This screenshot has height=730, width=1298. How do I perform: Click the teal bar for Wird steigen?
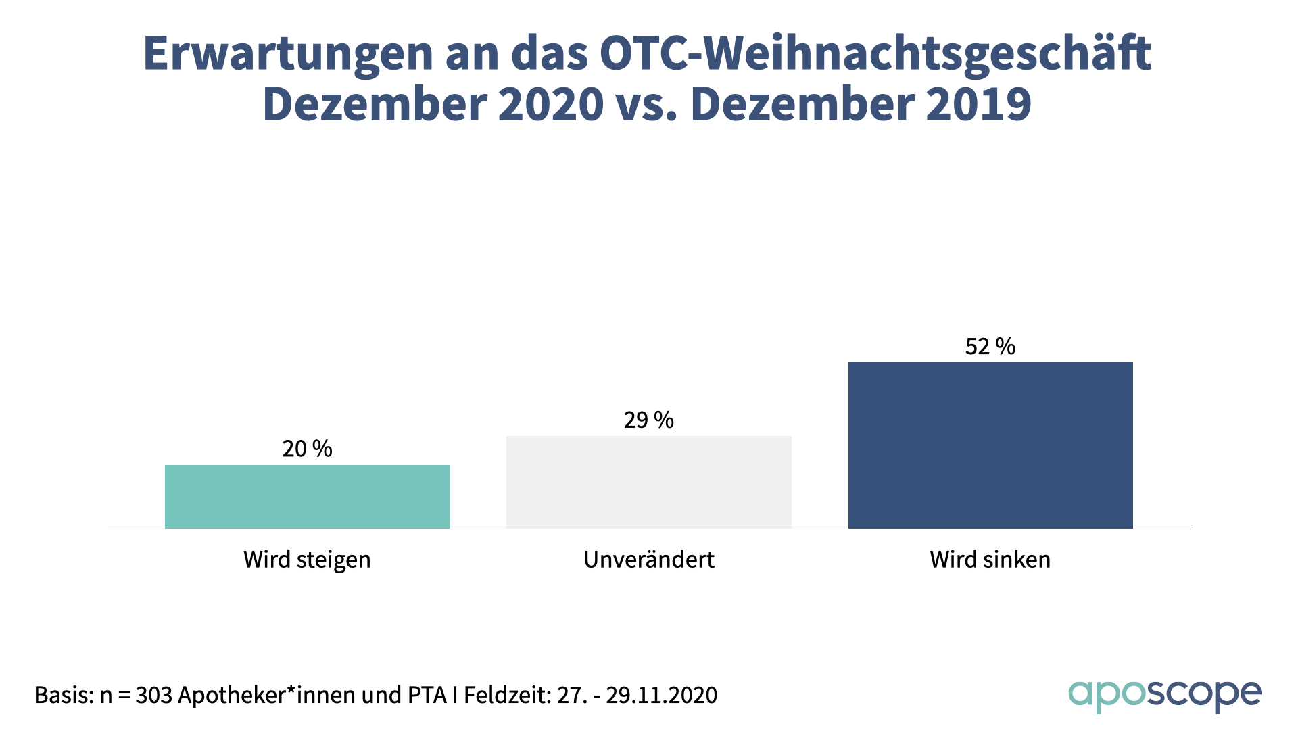(307, 497)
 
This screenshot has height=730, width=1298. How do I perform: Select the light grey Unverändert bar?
(649, 482)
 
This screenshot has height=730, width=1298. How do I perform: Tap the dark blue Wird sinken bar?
(990, 445)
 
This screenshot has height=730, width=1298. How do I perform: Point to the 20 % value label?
(307, 449)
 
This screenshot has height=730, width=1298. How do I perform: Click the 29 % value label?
(649, 420)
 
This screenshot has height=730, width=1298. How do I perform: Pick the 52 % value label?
(990, 347)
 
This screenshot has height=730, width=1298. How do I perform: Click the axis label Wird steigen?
(307, 560)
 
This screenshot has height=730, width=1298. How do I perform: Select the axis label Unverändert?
(649, 560)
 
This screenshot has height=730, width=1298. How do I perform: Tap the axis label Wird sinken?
(990, 560)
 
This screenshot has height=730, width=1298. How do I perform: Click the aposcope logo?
(1165, 696)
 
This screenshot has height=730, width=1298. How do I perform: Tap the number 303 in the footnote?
(154, 695)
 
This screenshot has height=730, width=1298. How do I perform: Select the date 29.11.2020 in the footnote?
(661, 695)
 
